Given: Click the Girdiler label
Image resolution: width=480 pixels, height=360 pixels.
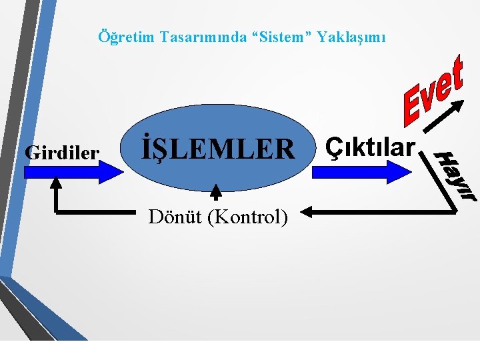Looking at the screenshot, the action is [61, 153].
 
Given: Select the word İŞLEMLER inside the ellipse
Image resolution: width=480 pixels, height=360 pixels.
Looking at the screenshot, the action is [217, 149].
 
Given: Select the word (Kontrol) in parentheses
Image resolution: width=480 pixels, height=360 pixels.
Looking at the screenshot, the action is [247, 217].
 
